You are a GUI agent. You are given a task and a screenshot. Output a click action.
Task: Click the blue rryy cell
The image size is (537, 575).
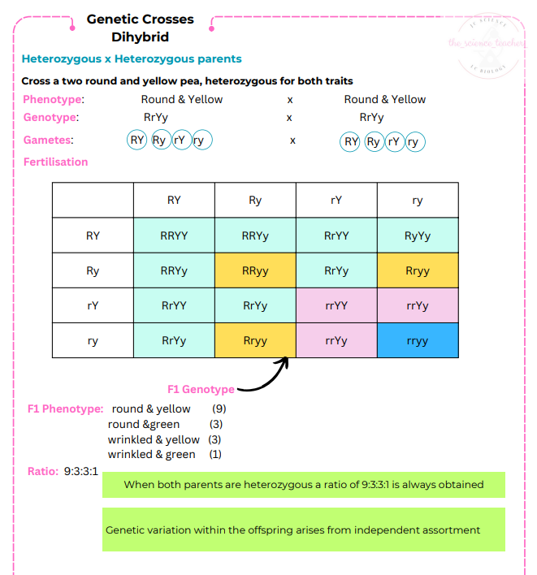point(417,341)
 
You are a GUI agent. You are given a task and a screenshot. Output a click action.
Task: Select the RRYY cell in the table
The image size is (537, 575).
point(174,236)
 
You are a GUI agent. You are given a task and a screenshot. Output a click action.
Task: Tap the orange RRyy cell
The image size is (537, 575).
point(255,271)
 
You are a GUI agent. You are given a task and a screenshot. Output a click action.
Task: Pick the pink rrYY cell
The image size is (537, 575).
point(336,306)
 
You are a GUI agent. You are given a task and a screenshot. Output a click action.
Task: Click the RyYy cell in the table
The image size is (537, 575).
point(417,236)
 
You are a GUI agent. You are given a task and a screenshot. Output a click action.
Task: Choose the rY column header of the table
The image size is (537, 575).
point(336,201)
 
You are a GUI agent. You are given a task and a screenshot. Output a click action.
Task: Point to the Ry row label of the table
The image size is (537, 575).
point(93,271)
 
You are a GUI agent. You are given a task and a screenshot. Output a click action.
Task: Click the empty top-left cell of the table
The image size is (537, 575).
point(93,201)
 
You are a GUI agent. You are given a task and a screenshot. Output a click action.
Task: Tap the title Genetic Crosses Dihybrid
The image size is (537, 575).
point(141,28)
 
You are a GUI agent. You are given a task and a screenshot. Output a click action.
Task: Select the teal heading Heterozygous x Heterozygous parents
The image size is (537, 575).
point(132,59)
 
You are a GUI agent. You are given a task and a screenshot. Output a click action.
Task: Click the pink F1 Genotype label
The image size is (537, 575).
point(201,390)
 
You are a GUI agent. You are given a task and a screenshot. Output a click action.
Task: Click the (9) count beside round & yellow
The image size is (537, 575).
point(219,409)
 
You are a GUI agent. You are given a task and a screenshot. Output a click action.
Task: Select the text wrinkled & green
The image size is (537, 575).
point(152,455)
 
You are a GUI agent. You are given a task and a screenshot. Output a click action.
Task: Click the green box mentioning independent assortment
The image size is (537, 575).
point(303,530)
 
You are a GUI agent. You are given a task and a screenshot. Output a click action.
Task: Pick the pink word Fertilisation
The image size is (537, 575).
point(55,162)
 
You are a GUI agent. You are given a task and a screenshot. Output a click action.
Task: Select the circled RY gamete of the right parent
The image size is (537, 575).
point(351,142)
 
